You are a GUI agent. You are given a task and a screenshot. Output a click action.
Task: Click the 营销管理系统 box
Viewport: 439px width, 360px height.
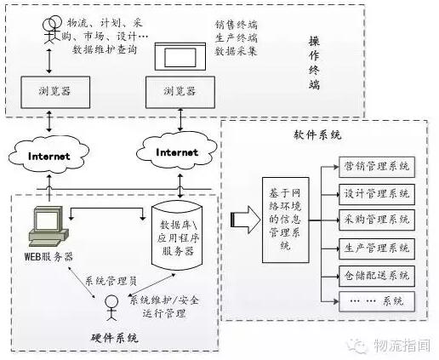click(x=377, y=167)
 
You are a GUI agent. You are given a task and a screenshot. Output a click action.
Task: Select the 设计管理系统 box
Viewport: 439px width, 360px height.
click(x=377, y=194)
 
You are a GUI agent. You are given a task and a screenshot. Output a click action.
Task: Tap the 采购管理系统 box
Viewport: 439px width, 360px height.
click(x=377, y=220)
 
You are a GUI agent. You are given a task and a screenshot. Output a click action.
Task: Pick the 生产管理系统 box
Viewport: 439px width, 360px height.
click(x=377, y=249)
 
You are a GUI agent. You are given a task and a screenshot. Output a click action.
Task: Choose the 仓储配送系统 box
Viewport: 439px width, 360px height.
click(x=377, y=276)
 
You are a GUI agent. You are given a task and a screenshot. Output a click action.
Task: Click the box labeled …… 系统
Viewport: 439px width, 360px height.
click(x=377, y=301)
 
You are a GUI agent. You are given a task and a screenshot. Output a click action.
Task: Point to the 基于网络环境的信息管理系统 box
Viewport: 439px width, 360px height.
click(x=286, y=220)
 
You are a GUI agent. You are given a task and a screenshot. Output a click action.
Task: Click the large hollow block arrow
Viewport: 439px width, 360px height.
click(x=246, y=220)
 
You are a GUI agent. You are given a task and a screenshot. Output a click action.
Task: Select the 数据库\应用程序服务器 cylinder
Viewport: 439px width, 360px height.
click(x=177, y=236)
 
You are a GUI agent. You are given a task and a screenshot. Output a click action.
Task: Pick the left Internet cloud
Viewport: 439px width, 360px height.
click(x=48, y=155)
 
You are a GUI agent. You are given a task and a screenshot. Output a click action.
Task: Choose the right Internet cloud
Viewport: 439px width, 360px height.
click(x=177, y=151)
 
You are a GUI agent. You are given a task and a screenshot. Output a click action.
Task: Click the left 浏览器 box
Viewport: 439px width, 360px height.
click(x=55, y=92)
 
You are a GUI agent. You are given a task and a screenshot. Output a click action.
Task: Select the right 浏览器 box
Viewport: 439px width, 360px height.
click(x=180, y=92)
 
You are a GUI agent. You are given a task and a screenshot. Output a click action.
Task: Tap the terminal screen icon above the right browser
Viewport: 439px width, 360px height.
click(x=180, y=56)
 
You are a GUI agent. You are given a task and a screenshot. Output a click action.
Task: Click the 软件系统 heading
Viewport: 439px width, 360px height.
click(x=317, y=134)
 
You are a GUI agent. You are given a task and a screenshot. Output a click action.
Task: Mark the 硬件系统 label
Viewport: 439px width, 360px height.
click(x=115, y=338)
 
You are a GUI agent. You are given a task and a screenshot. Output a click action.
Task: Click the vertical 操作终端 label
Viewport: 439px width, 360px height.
click(x=314, y=63)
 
